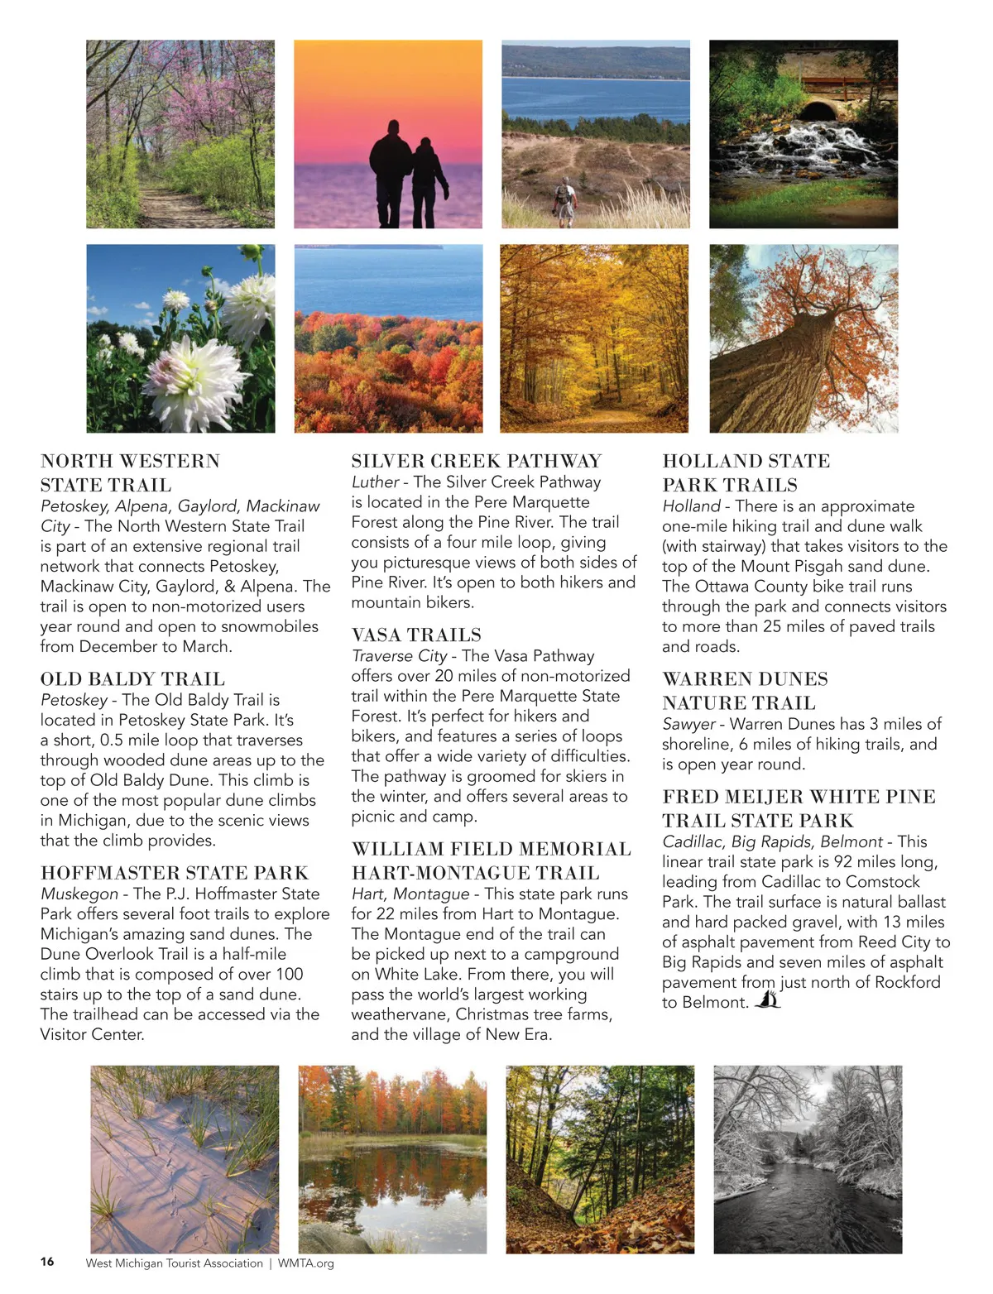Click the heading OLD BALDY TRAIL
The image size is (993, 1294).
[x=132, y=679]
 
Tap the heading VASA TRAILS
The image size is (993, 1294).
[x=416, y=635]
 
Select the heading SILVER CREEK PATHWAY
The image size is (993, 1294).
[x=477, y=461]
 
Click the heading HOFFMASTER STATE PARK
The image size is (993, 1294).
[x=175, y=873]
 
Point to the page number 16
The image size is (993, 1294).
[x=47, y=1262]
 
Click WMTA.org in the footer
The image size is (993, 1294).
[x=306, y=1263]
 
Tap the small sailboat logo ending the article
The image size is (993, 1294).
[x=768, y=1000]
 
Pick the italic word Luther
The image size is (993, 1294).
[x=375, y=482]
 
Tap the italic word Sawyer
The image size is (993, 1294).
[x=688, y=724]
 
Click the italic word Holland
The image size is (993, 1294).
[x=692, y=506]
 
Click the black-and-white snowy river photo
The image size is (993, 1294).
[x=808, y=1159]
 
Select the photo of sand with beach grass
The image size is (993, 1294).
[x=185, y=1159]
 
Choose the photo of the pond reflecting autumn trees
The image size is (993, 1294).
[x=392, y=1159]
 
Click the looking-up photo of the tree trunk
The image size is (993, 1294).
[x=804, y=338]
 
